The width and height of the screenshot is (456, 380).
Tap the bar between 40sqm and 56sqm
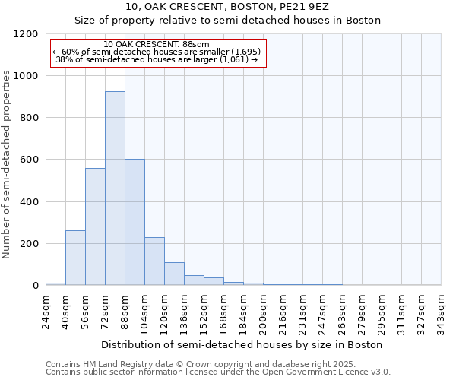click(x=75, y=258)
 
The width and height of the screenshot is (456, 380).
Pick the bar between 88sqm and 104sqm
click(x=135, y=222)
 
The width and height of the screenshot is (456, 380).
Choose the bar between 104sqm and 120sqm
click(x=154, y=261)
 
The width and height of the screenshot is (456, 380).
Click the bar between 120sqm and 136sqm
click(x=174, y=274)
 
